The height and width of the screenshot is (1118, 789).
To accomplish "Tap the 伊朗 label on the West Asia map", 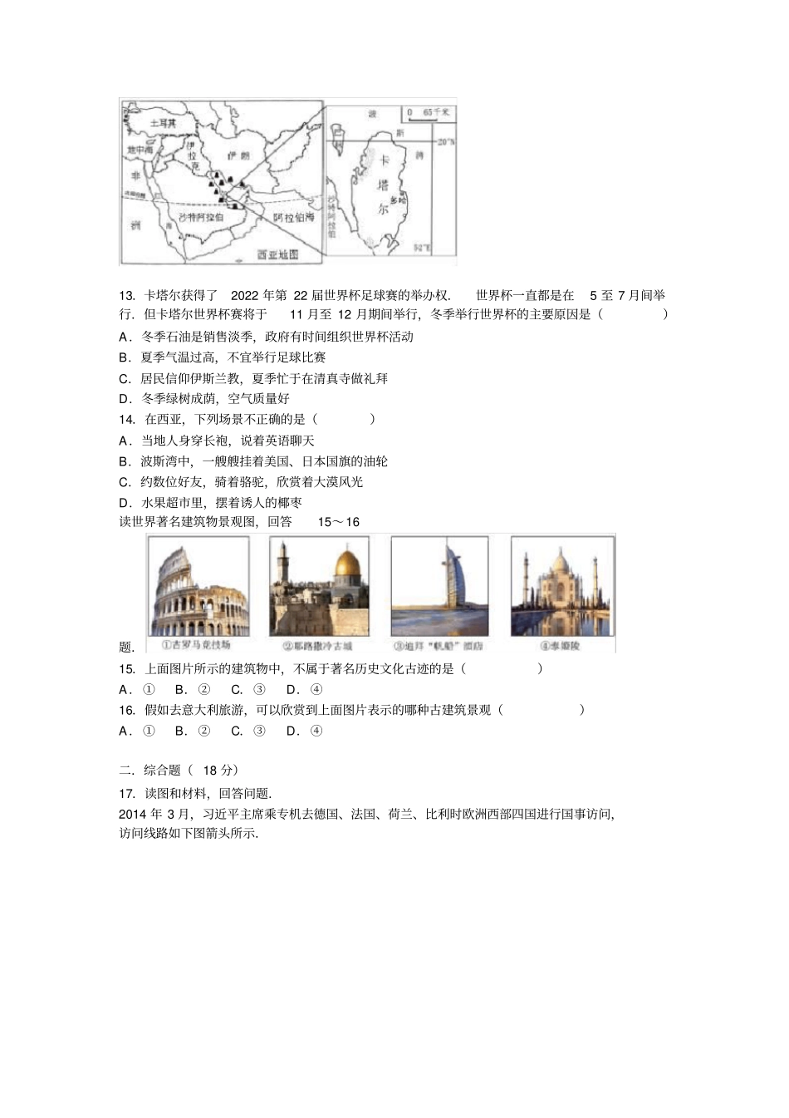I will coord(238,155).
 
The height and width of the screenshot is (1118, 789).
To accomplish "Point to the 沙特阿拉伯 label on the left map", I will coord(200,216).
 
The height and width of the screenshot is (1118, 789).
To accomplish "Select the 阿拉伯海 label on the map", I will coord(295,217).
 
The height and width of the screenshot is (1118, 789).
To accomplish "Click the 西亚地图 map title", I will coord(277,254).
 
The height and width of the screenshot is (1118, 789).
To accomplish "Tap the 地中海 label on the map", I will coord(140,150).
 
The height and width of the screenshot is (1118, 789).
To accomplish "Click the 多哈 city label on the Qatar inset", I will coord(398,200).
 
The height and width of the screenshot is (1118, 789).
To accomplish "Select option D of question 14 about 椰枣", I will coord(210,502).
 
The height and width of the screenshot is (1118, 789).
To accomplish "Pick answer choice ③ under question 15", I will coord(248,689).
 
